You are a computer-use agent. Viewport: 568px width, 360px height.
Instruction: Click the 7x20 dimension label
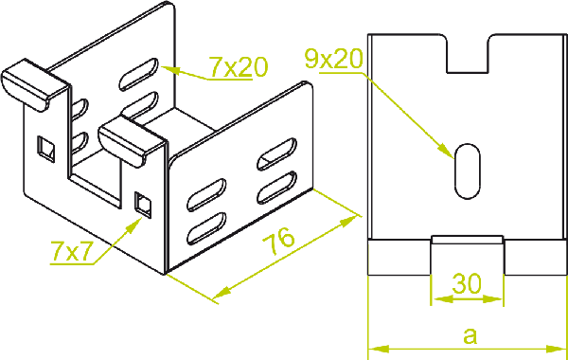(x=239, y=67)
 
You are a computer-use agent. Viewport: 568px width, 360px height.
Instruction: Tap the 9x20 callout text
(x=333, y=59)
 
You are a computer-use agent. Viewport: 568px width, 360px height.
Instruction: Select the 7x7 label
(x=72, y=251)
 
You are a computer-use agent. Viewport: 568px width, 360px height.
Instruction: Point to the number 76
(x=278, y=241)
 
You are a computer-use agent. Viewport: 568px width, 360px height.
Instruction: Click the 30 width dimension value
(x=467, y=284)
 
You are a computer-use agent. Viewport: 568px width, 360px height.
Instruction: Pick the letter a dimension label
(x=470, y=335)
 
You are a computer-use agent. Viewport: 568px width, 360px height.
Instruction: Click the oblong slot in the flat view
(x=468, y=171)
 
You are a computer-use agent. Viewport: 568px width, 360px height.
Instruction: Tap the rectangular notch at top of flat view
(x=468, y=54)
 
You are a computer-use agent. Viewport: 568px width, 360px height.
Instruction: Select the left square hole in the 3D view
(x=46, y=149)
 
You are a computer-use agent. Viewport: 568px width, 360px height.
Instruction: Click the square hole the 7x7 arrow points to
(x=143, y=205)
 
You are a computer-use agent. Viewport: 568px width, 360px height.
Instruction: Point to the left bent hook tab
(x=34, y=85)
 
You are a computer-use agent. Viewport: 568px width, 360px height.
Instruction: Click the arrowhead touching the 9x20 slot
(x=447, y=151)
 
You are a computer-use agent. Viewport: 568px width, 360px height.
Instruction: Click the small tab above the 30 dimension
(x=468, y=240)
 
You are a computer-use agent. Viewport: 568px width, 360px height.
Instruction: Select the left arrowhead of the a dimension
(x=378, y=350)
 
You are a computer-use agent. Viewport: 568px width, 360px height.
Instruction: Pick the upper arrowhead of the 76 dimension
(x=348, y=221)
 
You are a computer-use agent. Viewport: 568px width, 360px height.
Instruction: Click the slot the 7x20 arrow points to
(x=139, y=74)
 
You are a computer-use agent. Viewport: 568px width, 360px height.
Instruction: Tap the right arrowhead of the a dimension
(x=556, y=350)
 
